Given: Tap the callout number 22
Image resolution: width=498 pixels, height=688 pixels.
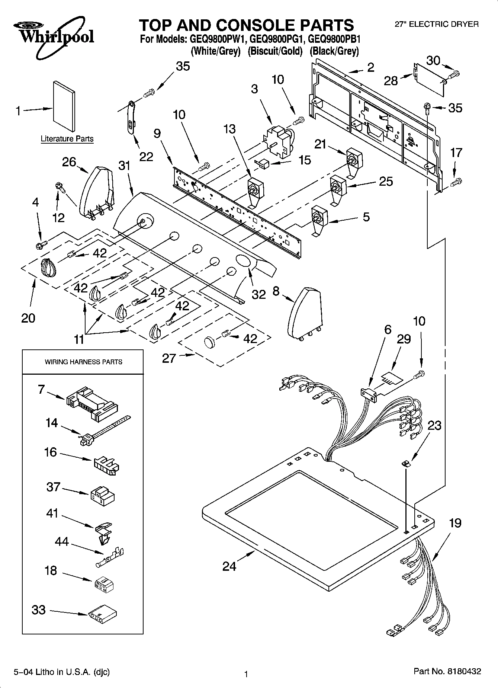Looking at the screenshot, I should [x=146, y=157].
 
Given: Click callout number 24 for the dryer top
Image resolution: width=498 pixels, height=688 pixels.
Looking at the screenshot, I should [x=229, y=566].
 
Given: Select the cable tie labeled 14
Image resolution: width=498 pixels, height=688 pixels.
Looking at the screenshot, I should [x=104, y=430].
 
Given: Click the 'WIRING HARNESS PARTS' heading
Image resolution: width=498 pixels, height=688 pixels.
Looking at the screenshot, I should [x=83, y=362].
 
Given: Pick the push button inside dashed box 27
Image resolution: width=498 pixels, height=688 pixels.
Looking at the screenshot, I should [x=210, y=342].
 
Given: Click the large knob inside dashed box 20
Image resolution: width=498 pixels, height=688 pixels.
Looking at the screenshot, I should [x=48, y=267].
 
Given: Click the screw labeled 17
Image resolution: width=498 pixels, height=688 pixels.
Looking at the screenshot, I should [x=456, y=182].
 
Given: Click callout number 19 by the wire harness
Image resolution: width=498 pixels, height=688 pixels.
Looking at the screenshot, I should [x=455, y=523].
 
